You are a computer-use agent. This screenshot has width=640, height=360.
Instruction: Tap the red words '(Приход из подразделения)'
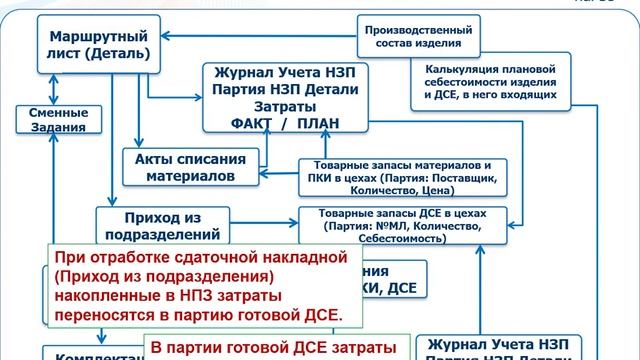[x=165, y=276]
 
